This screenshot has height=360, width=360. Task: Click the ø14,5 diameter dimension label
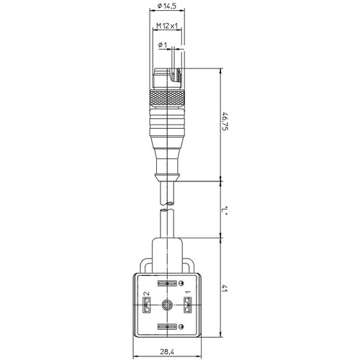point(167,6)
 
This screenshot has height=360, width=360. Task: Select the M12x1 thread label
point(167,25)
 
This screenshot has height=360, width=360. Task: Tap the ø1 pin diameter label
point(163,45)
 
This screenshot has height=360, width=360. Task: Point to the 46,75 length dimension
point(225,121)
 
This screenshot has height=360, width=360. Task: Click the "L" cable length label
point(225,210)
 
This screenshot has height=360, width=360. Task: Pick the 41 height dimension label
point(225,288)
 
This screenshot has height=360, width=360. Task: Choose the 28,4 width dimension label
point(167,352)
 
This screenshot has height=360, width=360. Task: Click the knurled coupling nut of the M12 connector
point(167,99)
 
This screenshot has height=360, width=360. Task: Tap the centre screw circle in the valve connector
point(166,305)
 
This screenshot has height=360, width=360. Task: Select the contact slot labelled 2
point(146,305)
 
